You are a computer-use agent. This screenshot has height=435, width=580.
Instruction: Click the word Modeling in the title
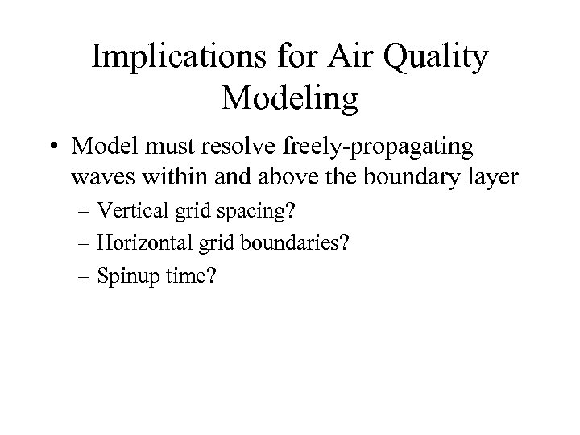click(288, 100)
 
